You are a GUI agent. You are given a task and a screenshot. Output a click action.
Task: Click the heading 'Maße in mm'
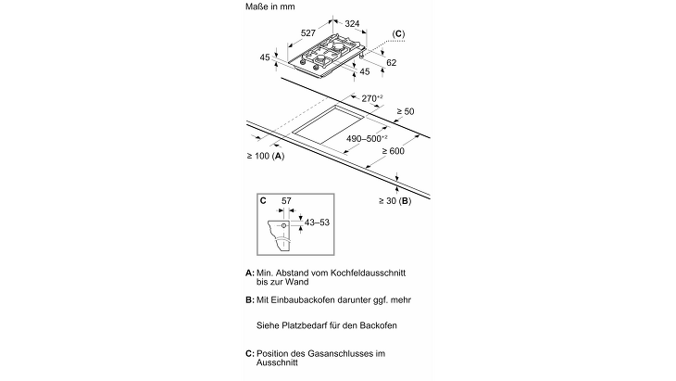click(x=269, y=6)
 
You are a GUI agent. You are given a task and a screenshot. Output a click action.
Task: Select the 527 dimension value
click(x=307, y=32)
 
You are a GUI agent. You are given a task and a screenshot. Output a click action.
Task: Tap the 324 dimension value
click(x=352, y=23)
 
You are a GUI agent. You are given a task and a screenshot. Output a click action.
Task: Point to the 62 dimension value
click(x=391, y=62)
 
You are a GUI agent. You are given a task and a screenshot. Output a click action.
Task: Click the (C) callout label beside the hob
click(x=398, y=34)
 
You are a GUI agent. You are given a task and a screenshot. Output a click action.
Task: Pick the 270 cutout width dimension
click(x=372, y=98)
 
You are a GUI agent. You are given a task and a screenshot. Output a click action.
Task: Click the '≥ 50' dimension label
click(x=406, y=111)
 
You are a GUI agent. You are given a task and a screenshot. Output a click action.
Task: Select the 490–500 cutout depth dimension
click(x=367, y=138)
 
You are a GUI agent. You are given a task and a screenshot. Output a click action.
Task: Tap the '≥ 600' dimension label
click(x=394, y=150)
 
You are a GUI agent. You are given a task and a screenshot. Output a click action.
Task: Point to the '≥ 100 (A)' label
click(x=266, y=156)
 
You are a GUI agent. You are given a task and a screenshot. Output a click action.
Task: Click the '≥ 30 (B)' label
click(x=394, y=200)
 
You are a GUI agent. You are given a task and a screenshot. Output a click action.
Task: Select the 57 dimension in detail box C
click(x=286, y=200)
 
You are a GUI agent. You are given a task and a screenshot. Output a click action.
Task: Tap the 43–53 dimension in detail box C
click(x=317, y=222)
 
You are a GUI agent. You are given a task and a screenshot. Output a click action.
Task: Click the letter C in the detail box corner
click(x=263, y=200)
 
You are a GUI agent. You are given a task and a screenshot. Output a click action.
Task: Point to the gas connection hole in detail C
click(x=283, y=225)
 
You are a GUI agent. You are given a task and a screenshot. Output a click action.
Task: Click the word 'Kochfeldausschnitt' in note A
click(x=368, y=273)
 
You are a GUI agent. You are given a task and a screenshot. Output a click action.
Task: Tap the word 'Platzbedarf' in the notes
click(x=305, y=325)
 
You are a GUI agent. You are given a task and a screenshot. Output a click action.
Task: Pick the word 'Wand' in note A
click(x=298, y=282)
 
